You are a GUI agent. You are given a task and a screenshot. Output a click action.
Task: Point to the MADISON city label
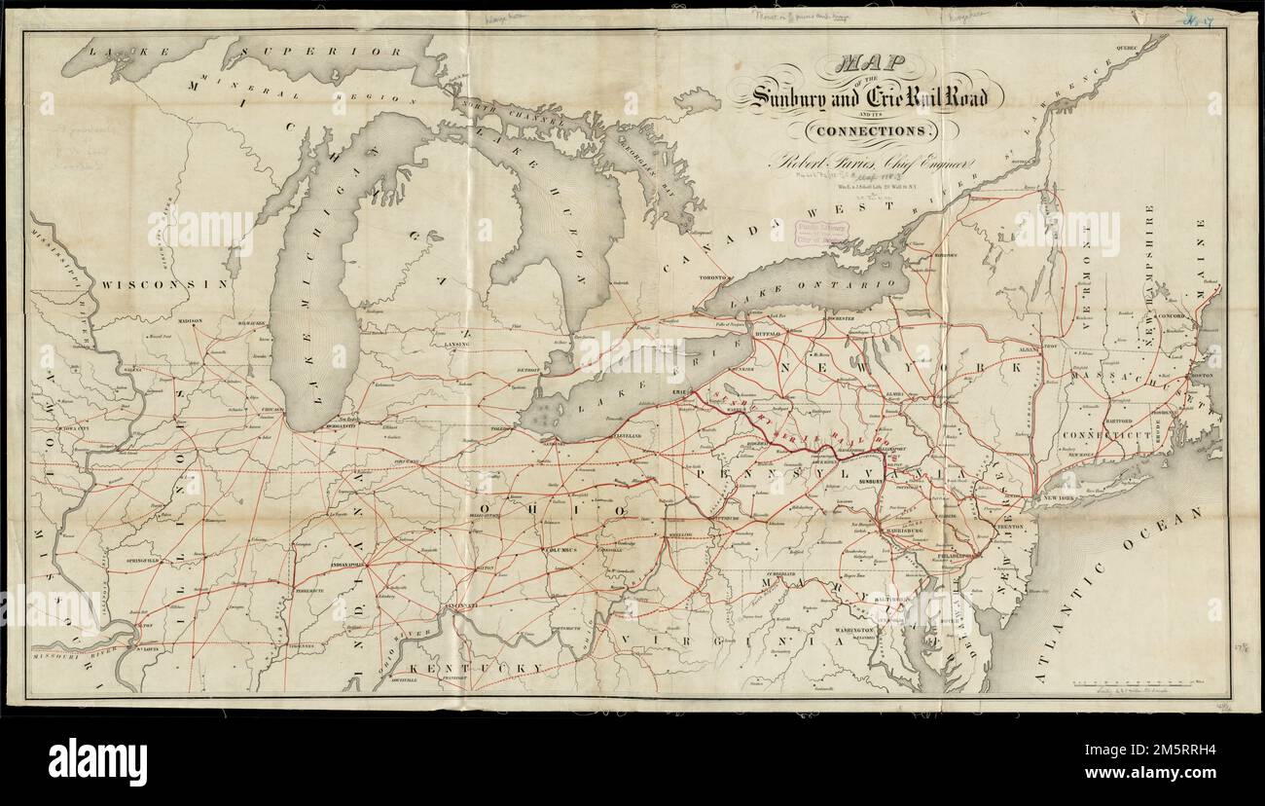click(x=190, y=320)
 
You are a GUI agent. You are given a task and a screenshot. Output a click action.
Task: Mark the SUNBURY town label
click(x=869, y=480)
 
